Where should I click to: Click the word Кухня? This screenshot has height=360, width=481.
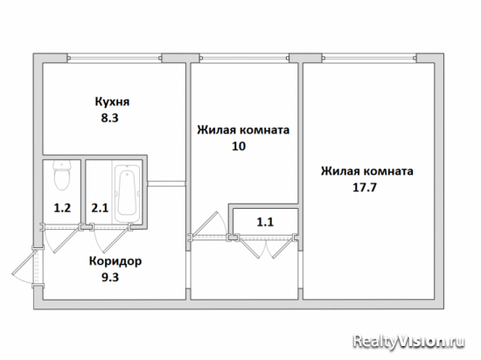112,101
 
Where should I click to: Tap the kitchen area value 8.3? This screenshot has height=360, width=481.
110,118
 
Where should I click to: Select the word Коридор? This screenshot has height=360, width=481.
115,261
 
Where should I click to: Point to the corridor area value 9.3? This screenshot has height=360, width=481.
110,278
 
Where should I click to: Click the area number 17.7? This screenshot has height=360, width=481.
365,187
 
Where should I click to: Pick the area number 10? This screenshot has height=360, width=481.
239,146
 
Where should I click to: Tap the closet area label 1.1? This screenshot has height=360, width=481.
265,222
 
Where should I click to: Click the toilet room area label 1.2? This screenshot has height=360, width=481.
62,208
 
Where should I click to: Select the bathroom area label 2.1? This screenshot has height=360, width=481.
100,208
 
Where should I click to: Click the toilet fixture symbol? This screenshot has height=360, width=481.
62,175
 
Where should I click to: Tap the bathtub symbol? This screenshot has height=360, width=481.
128,192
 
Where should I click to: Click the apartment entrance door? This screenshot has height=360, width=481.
28,266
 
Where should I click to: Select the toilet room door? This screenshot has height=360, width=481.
60,238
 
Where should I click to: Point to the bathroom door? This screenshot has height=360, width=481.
111,238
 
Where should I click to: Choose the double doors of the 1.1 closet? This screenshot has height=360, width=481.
266,246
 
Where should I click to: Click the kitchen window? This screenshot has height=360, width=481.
115,58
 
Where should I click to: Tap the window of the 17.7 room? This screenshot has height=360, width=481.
369,58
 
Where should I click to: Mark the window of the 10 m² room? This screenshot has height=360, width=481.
245,58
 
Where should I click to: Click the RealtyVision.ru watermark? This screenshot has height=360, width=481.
408,342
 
